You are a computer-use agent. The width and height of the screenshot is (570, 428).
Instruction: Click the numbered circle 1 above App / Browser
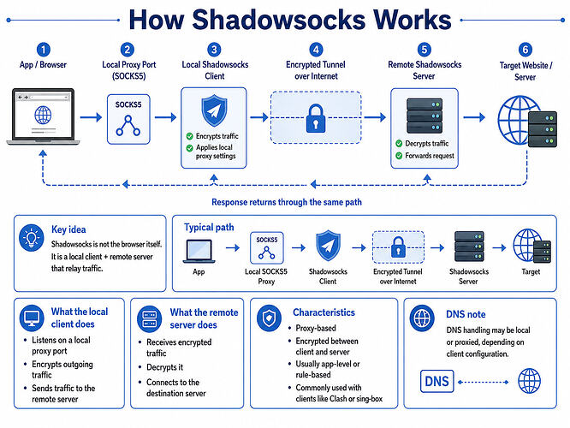(x=44, y=50)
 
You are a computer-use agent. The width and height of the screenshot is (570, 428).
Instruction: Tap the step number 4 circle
(x=316, y=50)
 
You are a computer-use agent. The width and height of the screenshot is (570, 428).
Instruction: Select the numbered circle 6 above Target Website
(x=525, y=50)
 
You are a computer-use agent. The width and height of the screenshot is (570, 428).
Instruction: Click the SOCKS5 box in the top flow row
(x=128, y=119)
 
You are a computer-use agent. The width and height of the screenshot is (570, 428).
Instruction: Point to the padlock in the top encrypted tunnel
(x=316, y=118)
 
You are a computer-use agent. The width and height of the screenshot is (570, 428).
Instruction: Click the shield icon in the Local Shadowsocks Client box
(x=214, y=110)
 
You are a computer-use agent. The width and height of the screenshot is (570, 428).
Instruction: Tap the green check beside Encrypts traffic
(x=189, y=136)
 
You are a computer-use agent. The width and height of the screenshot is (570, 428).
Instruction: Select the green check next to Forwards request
(x=399, y=156)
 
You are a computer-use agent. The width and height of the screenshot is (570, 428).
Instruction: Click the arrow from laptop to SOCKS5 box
(x=91, y=117)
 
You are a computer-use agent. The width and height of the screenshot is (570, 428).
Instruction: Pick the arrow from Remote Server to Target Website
(x=474, y=117)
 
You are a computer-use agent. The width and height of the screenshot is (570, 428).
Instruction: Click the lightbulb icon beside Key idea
(x=32, y=238)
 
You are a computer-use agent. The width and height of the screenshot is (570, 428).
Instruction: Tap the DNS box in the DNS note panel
(x=437, y=382)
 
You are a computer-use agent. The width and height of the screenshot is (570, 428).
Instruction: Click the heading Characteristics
(x=324, y=312)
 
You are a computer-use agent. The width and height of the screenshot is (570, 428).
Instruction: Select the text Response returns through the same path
(x=287, y=202)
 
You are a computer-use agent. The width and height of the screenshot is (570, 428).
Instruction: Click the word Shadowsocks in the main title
(x=279, y=20)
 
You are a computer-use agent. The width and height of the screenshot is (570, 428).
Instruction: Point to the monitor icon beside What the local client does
(x=32, y=318)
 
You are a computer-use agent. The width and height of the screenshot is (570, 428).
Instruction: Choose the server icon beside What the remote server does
(x=150, y=319)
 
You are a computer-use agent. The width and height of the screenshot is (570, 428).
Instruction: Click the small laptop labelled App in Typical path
(x=199, y=251)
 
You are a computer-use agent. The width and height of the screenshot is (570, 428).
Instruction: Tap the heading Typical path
(x=209, y=228)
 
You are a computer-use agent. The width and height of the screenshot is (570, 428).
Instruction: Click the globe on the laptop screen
(x=43, y=115)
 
